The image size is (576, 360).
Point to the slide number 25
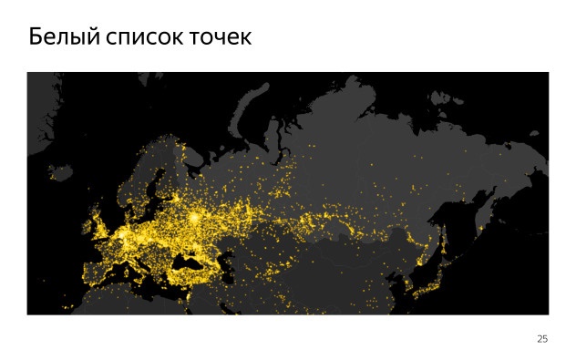pos(542,339)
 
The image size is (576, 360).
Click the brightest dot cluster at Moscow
pos(195,219)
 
